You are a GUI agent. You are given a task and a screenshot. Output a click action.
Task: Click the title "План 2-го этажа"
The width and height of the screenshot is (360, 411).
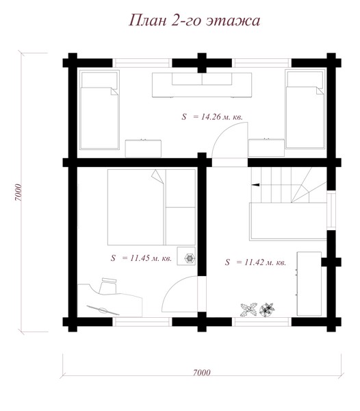click(x=194, y=21)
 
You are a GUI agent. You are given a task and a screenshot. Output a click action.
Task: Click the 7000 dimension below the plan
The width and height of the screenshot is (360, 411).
click(x=202, y=372)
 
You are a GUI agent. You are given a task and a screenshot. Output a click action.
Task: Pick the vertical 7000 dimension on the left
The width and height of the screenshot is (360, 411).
click(x=18, y=192)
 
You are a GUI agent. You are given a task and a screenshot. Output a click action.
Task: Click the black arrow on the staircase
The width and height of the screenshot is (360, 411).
click(x=255, y=185)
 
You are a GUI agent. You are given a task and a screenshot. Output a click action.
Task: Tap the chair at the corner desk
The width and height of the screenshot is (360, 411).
click(x=108, y=286)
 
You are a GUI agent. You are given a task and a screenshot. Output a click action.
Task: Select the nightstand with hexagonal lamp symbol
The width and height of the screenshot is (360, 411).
click(x=186, y=256)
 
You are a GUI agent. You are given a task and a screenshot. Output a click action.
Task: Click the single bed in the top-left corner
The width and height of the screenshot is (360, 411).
click(x=99, y=110)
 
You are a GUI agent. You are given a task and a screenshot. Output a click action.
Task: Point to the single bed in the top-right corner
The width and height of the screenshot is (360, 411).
click(x=305, y=109)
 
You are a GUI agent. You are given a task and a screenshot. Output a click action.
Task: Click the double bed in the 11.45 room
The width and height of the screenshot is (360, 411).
click(x=151, y=207)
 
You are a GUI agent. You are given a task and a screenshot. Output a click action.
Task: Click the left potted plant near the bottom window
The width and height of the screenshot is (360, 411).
click(x=248, y=310)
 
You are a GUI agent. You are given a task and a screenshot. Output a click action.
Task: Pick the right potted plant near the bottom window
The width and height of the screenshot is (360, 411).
click(x=267, y=310)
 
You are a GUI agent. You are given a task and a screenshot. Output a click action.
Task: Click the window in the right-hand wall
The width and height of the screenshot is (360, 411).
click(x=331, y=210)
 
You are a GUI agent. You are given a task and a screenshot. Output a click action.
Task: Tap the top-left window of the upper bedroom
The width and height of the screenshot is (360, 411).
click(x=142, y=63)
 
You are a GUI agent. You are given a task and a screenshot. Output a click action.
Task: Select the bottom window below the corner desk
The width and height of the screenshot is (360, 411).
click(x=142, y=322)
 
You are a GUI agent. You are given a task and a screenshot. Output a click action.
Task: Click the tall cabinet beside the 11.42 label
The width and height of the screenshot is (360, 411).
click(x=309, y=284)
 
